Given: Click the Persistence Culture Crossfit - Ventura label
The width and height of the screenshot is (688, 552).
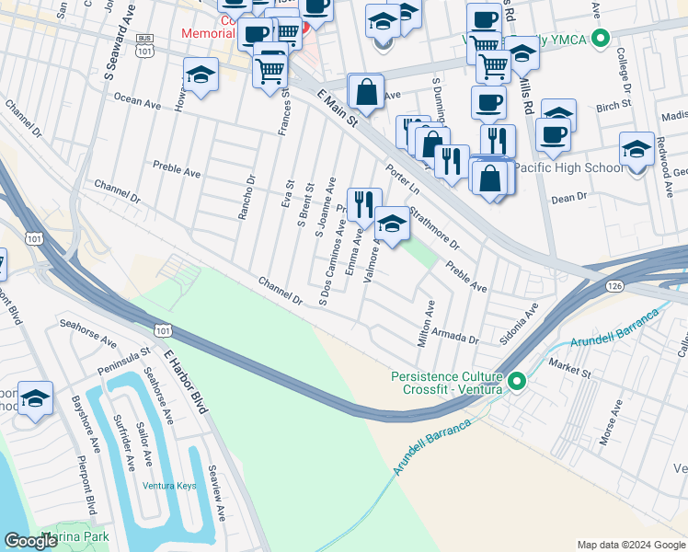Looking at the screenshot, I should pos(447,383).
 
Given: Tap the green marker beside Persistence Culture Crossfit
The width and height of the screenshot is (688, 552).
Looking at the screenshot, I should pos(516,381).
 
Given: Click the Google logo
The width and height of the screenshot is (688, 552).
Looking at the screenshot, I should pos(31,541).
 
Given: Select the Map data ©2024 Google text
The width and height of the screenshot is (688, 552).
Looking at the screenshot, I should pos(631,545).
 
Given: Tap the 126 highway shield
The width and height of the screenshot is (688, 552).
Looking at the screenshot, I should pos(613,288).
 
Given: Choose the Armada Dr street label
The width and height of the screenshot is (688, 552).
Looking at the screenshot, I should pos(462,339).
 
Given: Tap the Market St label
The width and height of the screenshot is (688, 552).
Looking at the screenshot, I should pos(570,373).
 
